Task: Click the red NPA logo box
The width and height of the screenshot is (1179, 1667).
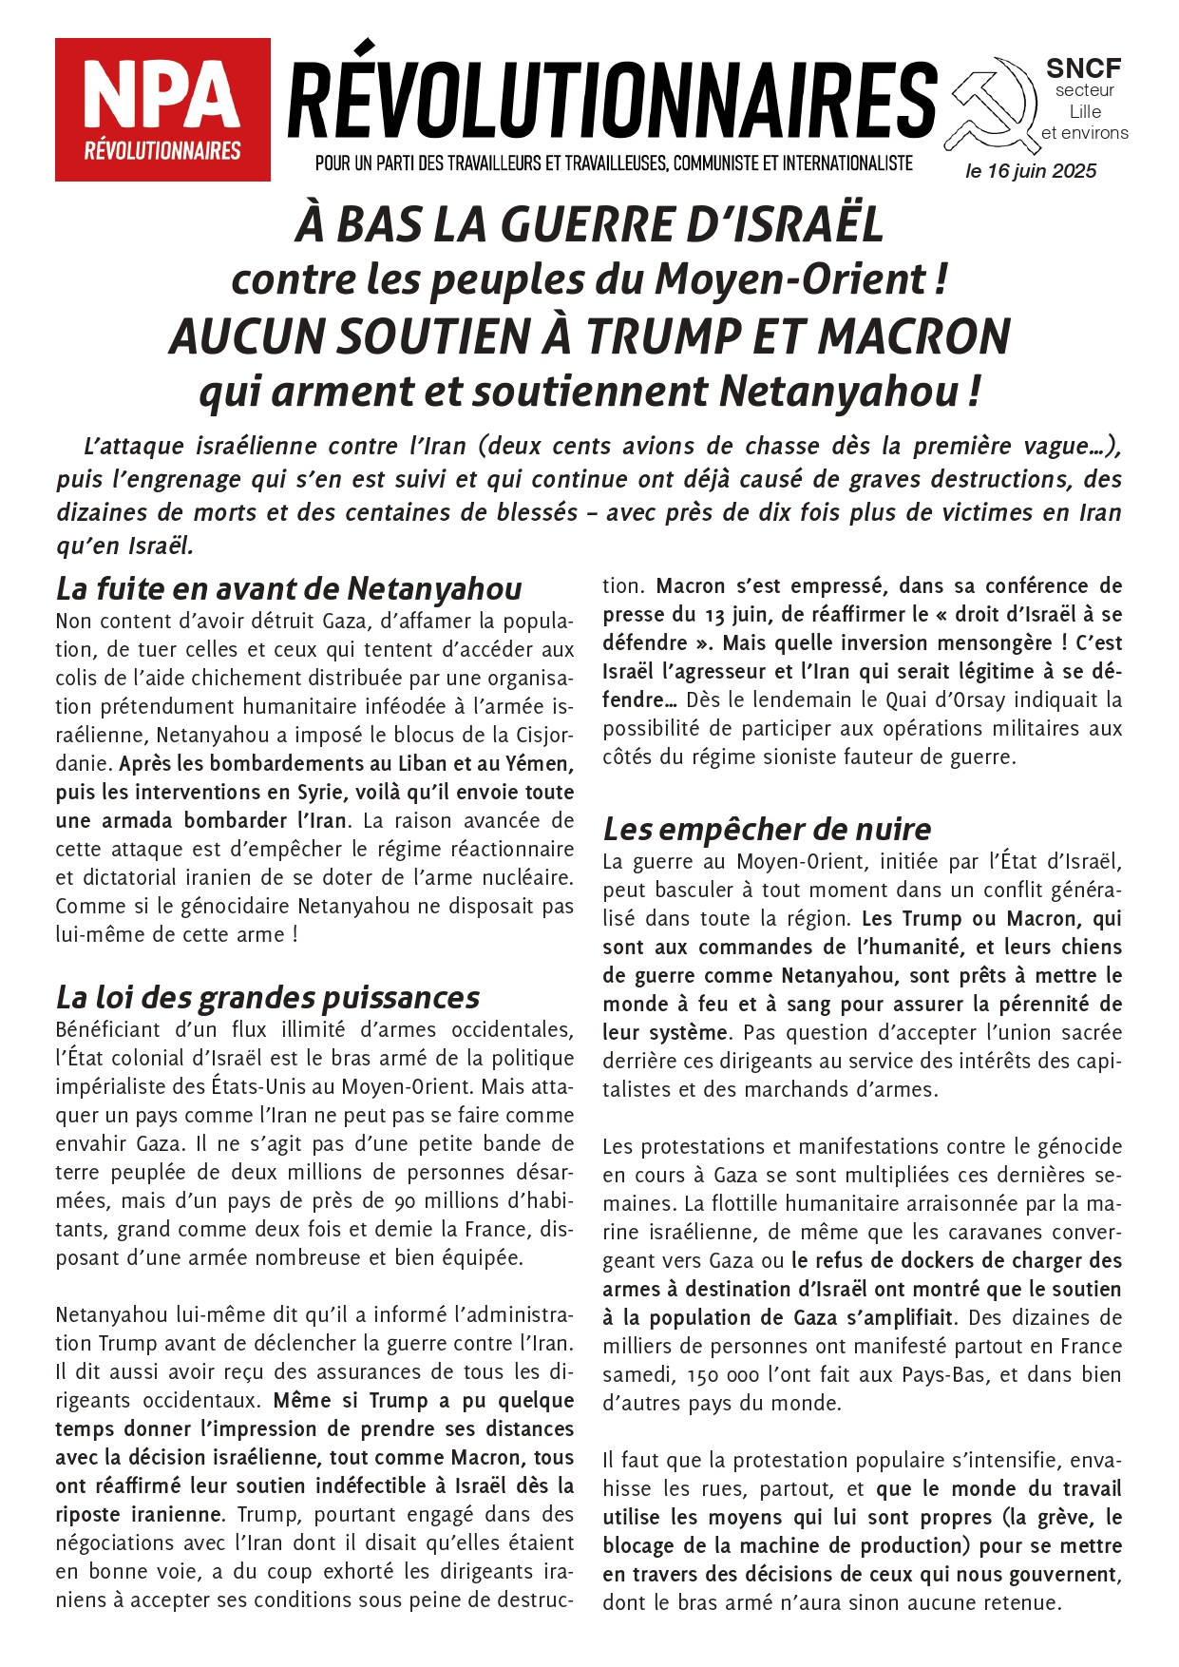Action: point(162,109)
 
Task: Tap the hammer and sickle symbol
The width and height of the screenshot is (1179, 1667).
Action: point(990,105)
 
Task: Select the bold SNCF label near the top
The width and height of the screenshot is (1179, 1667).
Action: point(1083,68)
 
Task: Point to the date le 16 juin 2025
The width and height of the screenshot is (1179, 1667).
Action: point(1031,171)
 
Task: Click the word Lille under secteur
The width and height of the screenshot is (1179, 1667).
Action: point(1085,111)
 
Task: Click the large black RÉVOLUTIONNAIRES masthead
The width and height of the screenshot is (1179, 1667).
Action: point(612,98)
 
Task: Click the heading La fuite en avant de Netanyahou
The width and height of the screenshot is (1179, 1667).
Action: point(289,588)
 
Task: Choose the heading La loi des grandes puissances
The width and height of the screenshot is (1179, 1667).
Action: point(267,997)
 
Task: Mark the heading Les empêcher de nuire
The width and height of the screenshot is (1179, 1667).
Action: point(767,829)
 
